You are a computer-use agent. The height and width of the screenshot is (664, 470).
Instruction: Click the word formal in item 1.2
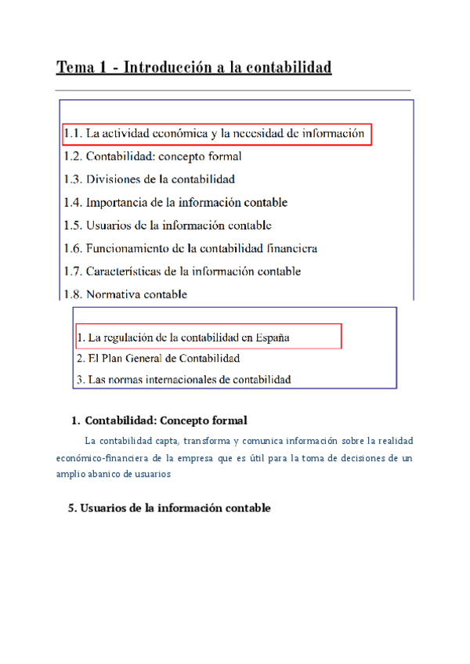pyautogui.click(x=226, y=157)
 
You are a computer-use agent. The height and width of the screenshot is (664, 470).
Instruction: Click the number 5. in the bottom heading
pyautogui.click(x=73, y=508)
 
